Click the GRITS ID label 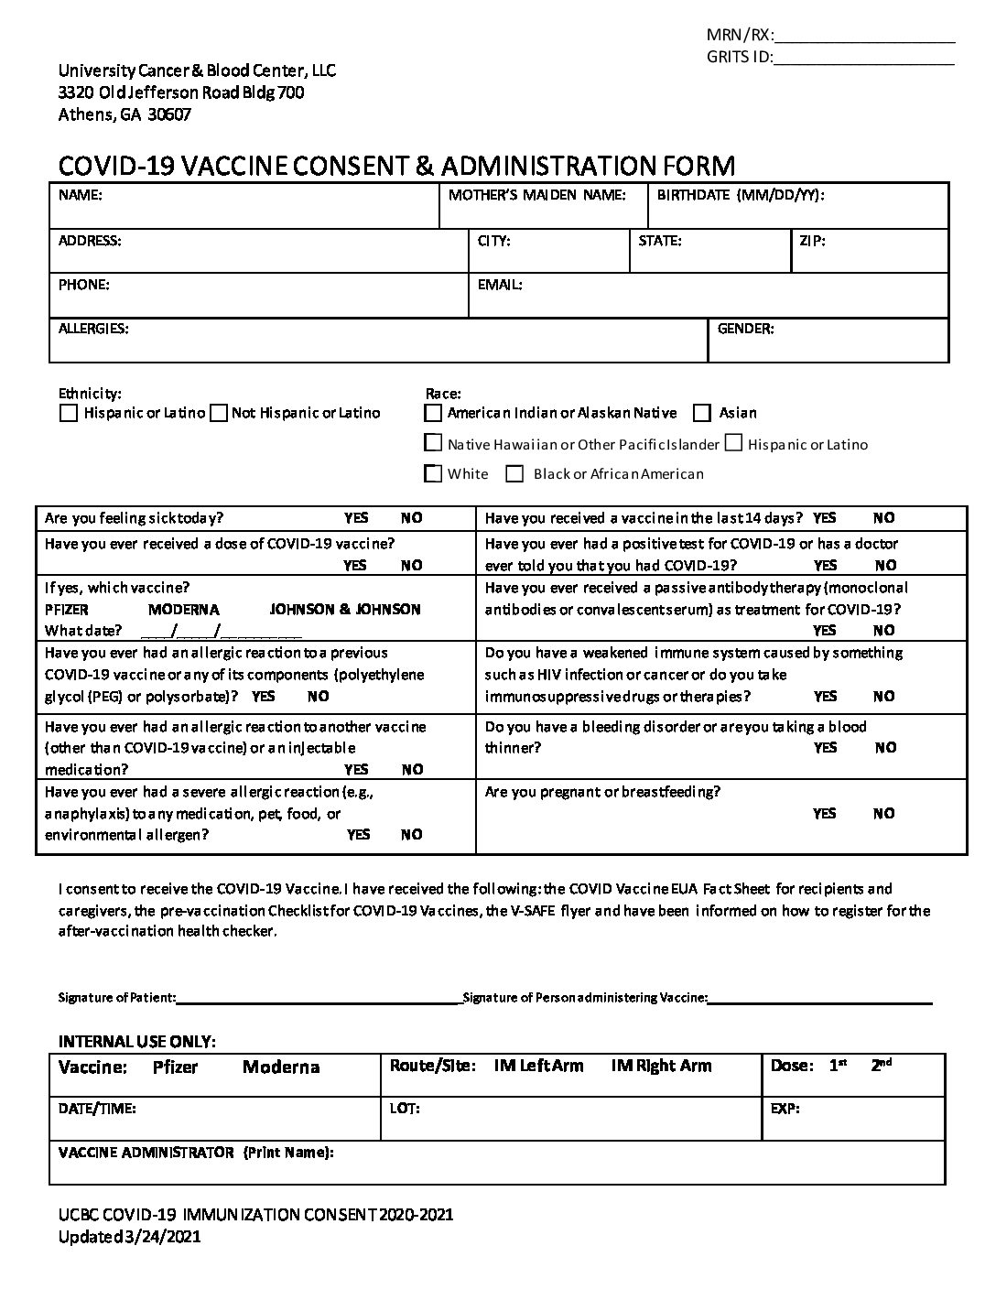tap(739, 58)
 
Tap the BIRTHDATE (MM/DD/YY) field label tap(741, 195)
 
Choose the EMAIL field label tap(500, 285)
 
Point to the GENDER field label tap(745, 329)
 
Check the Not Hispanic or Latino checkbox tap(219, 413)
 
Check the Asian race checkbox tap(702, 413)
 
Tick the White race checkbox tap(434, 474)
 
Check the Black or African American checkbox tap(515, 474)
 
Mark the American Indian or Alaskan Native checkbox tap(434, 413)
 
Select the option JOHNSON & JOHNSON tap(345, 609)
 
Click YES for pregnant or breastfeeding tap(824, 813)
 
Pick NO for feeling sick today tap(412, 518)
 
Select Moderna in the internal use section tap(281, 1067)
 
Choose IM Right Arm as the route tap(661, 1066)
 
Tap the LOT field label tap(405, 1109)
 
